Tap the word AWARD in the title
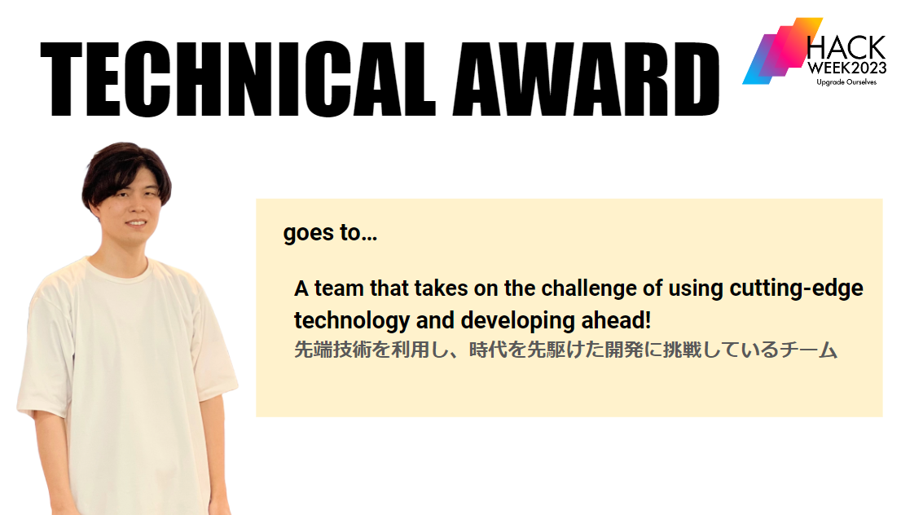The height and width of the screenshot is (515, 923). tap(587, 80)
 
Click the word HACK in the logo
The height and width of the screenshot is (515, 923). tap(846, 48)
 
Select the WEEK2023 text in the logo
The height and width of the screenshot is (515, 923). tap(847, 68)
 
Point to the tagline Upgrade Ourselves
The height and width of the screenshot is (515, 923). tap(846, 81)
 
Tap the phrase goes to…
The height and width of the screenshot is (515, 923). tap(330, 233)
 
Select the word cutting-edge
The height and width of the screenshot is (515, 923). tap(797, 288)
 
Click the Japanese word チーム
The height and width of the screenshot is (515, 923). tap(809, 350)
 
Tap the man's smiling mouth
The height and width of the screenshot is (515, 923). tap(136, 223)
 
